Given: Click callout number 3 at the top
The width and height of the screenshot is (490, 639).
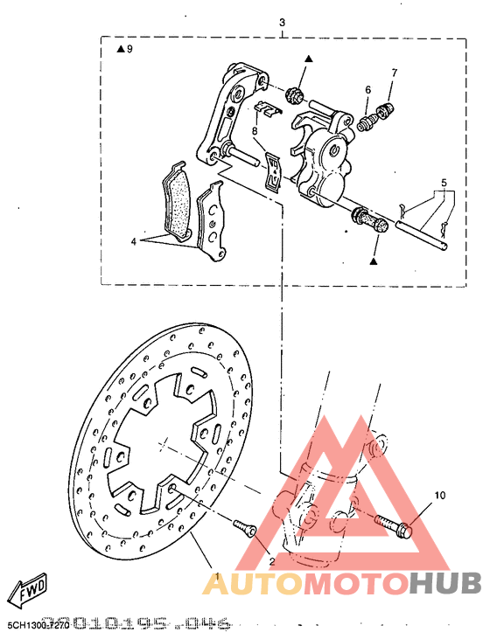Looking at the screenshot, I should click(282, 22).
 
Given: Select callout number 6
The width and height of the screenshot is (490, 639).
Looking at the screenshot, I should click(367, 90).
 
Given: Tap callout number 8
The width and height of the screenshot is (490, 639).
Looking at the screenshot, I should click(255, 131).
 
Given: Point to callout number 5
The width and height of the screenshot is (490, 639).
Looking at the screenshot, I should click(444, 184).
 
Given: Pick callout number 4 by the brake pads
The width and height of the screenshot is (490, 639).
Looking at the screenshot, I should click(134, 241).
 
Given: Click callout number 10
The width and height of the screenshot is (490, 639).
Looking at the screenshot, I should click(439, 495).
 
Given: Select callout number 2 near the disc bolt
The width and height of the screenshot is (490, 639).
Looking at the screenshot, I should click(271, 561).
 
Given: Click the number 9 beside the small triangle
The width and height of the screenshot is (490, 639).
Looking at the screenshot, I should click(129, 50).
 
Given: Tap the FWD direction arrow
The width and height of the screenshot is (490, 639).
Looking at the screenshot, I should click(28, 589).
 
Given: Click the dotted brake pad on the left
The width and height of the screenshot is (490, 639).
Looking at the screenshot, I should click(179, 203).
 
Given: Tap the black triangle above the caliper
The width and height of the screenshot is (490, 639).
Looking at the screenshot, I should click(309, 59).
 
